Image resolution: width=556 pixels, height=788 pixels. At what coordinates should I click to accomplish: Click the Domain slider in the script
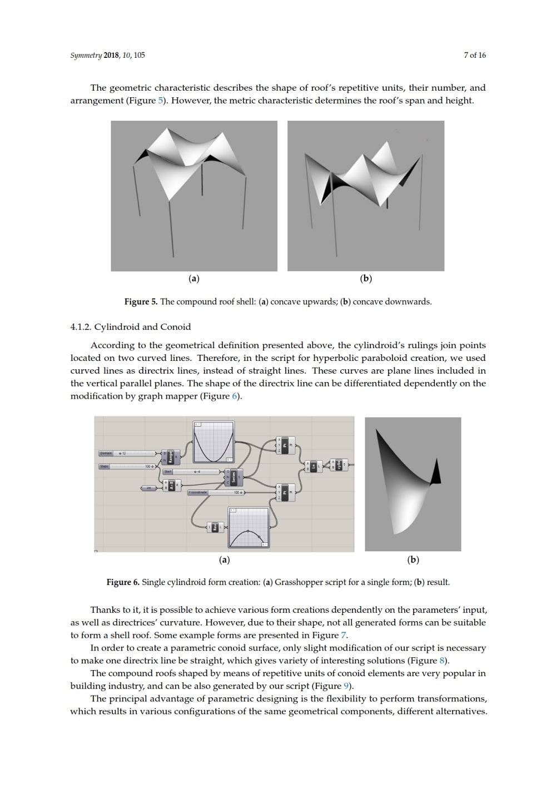click(127, 453)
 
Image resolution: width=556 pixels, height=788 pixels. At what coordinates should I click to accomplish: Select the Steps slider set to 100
click(127, 466)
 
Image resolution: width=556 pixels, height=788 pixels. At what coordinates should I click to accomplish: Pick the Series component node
click(234, 477)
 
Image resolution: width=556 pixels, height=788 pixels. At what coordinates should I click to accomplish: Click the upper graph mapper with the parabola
click(214, 442)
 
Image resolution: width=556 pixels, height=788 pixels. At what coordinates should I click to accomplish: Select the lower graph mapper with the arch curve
click(249, 527)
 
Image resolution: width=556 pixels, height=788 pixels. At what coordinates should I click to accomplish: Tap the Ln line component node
click(313, 466)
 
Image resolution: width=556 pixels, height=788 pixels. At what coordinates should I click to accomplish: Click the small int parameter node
click(148, 488)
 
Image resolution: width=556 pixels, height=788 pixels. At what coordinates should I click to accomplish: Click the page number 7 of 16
click(474, 55)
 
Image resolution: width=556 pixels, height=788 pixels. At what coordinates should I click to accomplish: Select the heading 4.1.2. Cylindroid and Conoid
click(131, 326)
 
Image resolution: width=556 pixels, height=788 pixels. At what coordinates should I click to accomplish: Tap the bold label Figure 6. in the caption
click(123, 582)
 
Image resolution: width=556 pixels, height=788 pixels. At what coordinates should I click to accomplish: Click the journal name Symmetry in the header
click(86, 55)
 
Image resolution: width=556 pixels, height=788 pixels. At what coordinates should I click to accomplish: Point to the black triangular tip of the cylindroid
click(435, 472)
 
